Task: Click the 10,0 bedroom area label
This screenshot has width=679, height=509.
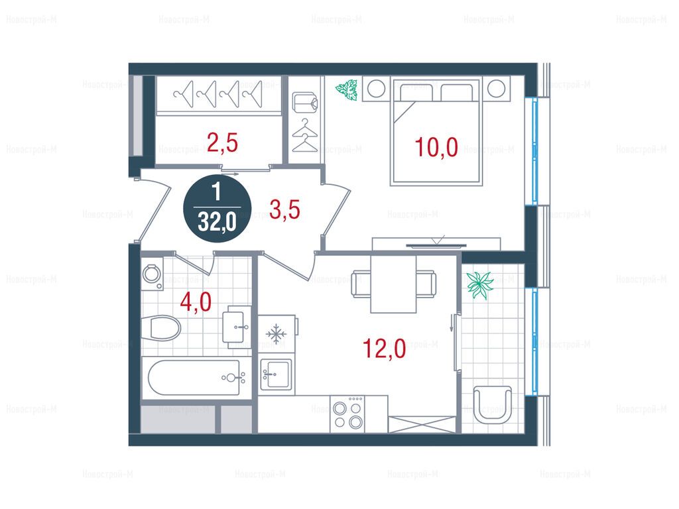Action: click(x=436, y=146)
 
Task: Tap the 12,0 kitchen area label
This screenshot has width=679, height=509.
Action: click(x=384, y=349)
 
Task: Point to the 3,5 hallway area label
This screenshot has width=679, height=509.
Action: click(x=284, y=210)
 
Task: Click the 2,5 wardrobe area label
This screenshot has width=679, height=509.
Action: click(x=223, y=143)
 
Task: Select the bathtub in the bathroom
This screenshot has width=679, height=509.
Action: click(x=194, y=377)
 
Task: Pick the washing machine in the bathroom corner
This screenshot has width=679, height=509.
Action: click(x=152, y=274)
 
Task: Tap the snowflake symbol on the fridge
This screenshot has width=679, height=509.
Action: click(x=274, y=334)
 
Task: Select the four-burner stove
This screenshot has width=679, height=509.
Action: click(x=347, y=414)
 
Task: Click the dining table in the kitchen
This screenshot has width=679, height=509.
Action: click(x=393, y=284)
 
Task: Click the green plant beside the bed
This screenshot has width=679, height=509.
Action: click(x=346, y=90)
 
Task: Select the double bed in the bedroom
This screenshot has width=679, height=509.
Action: click(x=436, y=132)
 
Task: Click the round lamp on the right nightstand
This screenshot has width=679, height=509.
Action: click(x=497, y=89)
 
